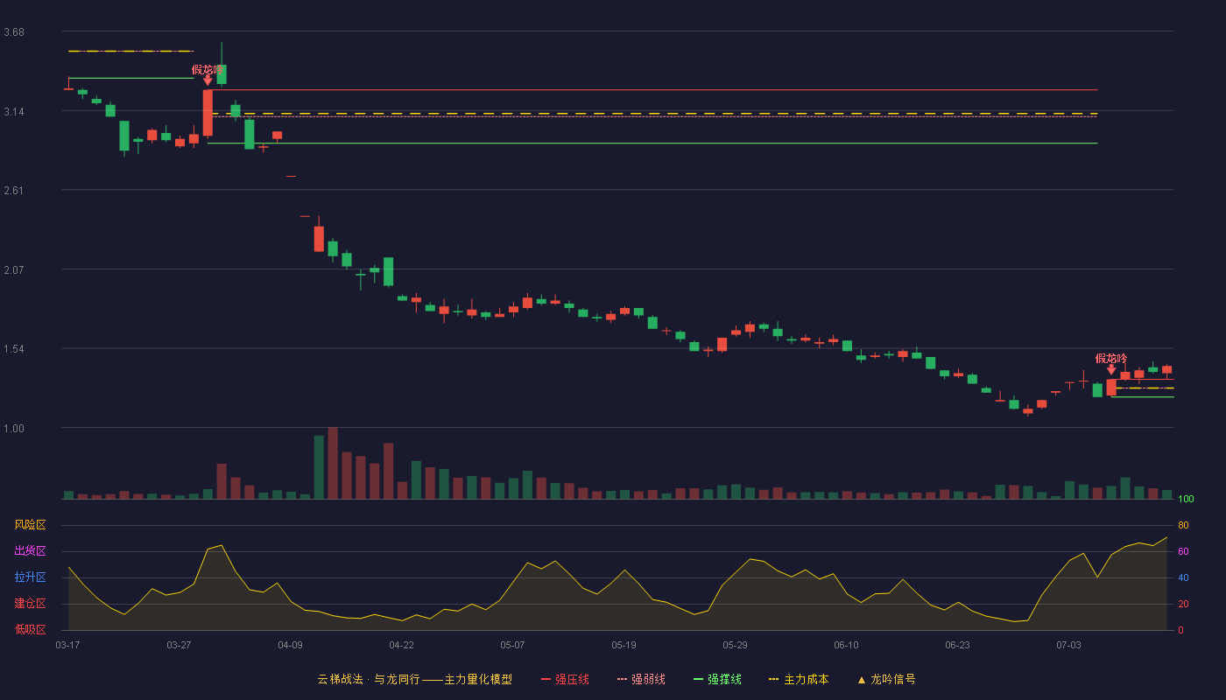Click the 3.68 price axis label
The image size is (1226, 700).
pos(14,32)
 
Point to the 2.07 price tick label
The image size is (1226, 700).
pos(14,270)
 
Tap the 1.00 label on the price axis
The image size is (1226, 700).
pos(14,429)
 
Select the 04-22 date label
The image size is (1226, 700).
pos(401,646)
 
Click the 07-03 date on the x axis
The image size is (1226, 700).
pos(1068,646)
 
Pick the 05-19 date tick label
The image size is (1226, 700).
pos(624,646)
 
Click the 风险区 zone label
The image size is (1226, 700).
pos(30,525)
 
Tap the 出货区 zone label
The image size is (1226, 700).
pos(30,550)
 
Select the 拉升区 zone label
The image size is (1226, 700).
pos(30,577)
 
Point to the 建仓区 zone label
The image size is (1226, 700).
pos(30,603)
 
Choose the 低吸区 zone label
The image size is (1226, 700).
pos(30,629)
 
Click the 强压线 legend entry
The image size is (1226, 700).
pos(565,679)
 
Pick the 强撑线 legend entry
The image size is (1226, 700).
pos(717,679)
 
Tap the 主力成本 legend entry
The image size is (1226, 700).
pos(799,679)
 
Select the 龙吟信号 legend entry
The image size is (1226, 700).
pos(886,679)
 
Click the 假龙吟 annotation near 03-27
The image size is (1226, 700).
pos(207,70)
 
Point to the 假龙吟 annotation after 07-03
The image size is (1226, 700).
pos(1111,359)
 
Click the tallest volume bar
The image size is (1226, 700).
pos(333,463)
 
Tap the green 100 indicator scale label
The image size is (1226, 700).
pos(1186,499)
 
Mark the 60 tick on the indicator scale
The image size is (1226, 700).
pos(1183,551)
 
